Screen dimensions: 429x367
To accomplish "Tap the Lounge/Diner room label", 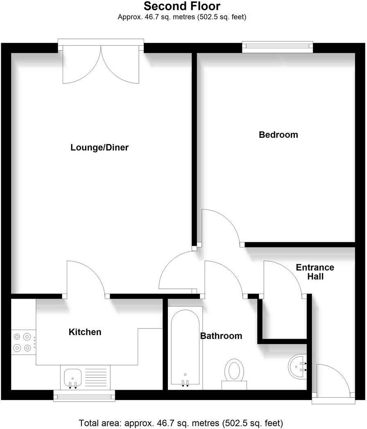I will click(x=100, y=148).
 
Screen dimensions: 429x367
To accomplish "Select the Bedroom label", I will click(x=278, y=135).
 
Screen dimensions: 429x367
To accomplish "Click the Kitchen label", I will click(x=85, y=332).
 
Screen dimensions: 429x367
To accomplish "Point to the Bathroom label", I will click(x=221, y=336).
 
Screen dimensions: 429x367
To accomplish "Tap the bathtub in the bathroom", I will click(x=185, y=348).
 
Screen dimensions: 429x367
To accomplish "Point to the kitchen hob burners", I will click(x=22, y=342).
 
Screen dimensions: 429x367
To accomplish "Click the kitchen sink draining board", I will click(x=97, y=377).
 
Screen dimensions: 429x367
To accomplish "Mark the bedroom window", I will click(x=277, y=47).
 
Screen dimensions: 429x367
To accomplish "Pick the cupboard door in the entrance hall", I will click(x=283, y=278).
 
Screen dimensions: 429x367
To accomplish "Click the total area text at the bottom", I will click(x=181, y=422).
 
